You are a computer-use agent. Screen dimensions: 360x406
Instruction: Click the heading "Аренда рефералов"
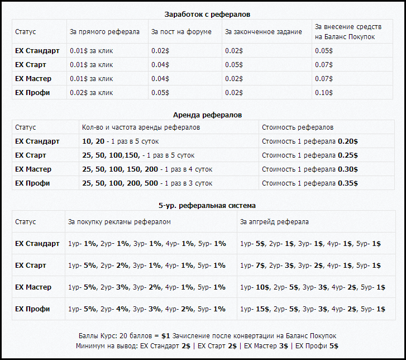[207, 115]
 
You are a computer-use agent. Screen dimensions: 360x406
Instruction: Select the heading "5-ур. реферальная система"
[207, 205]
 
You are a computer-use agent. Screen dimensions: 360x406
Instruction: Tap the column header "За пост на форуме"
[181, 32]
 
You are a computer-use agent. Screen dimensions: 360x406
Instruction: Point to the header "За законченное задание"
[264, 32]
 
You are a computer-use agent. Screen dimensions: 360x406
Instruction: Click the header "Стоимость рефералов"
[298, 127]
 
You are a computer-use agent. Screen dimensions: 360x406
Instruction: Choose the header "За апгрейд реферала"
[274, 222]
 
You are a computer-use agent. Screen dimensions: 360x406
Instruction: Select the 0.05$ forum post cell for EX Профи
[160, 93]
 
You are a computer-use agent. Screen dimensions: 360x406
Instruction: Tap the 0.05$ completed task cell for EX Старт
[234, 65]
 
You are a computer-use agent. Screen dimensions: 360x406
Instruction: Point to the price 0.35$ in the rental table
[348, 183]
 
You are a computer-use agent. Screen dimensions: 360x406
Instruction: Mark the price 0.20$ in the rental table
[348, 141]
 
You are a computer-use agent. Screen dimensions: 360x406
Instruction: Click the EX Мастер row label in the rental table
[33, 169]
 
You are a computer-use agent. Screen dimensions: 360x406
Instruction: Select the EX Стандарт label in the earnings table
[37, 51]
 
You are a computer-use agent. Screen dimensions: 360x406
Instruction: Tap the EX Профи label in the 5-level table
[32, 309]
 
